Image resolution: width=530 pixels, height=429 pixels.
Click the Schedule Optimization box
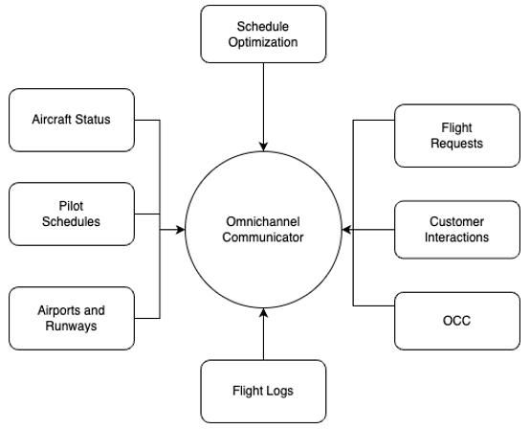tap(263, 34)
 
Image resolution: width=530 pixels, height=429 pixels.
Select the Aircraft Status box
tap(72, 120)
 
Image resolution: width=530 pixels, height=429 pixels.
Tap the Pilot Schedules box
tap(72, 214)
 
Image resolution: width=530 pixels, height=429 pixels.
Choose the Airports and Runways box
tap(72, 318)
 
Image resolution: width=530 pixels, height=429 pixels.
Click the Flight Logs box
tap(263, 391)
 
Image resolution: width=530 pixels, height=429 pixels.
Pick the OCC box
tap(457, 321)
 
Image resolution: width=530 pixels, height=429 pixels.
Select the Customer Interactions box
tap(457, 230)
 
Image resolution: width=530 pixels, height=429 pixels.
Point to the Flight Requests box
tap(457, 136)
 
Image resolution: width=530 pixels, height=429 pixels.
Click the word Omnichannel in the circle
tap(263, 221)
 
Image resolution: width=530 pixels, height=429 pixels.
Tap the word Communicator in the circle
tap(263, 237)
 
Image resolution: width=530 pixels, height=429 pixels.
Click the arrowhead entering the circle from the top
tap(263, 147)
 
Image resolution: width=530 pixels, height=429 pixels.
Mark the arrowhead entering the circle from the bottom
tap(263, 313)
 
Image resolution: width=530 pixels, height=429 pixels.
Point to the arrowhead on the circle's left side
tap(180, 230)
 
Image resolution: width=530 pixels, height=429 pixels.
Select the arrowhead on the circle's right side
tap(347, 230)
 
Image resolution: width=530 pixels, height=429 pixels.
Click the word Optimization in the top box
tap(263, 42)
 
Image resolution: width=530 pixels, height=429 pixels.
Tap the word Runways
tap(71, 327)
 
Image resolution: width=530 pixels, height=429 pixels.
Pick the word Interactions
tap(456, 237)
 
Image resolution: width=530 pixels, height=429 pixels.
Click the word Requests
tap(456, 144)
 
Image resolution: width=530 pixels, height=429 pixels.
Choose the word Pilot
tap(71, 206)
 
